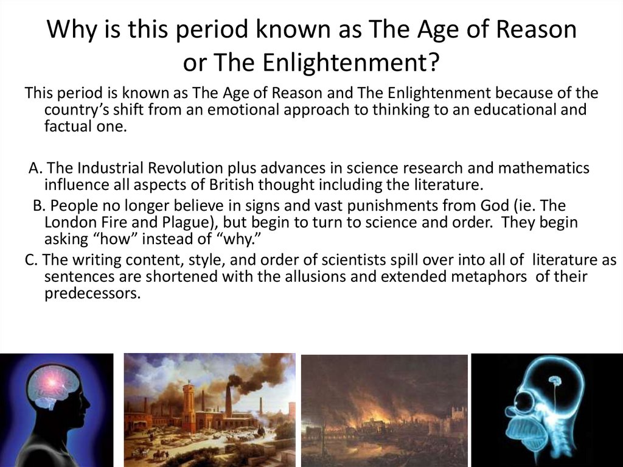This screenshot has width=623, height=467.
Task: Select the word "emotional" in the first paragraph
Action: coord(269,110)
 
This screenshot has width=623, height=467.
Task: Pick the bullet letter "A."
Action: coord(36,168)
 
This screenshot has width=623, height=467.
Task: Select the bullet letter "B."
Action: coord(40,206)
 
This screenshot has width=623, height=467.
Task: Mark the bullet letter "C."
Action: coord(32,261)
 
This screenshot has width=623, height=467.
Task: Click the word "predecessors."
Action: coord(92,293)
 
